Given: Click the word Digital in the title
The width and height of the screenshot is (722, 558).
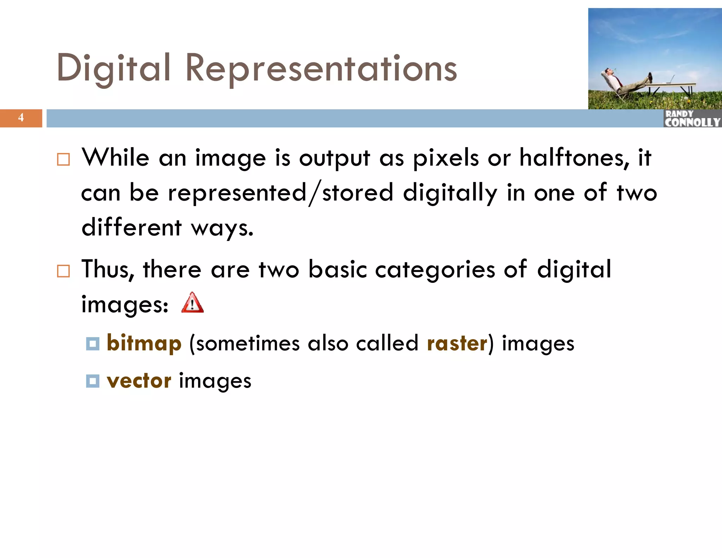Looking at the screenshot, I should pyautogui.click(x=114, y=68).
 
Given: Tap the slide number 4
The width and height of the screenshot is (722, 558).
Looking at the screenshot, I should pyautogui.click(x=21, y=117).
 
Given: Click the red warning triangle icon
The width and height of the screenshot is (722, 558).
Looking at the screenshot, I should pyautogui.click(x=192, y=303).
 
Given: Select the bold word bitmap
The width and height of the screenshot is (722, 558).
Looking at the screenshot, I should pyautogui.click(x=144, y=343).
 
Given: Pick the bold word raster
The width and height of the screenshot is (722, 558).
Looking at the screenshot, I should pyautogui.click(x=457, y=343).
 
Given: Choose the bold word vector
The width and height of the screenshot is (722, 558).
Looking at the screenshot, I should pyautogui.click(x=139, y=381).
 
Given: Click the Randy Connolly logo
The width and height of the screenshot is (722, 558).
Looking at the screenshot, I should pyautogui.click(x=692, y=119).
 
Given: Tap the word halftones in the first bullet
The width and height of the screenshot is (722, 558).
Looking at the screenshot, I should pyautogui.click(x=574, y=158).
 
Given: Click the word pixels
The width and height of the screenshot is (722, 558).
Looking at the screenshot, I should pyautogui.click(x=446, y=158).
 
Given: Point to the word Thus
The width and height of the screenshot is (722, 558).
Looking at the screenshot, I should pyautogui.click(x=108, y=269).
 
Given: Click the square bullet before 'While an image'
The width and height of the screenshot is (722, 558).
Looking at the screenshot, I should pyautogui.click(x=63, y=159).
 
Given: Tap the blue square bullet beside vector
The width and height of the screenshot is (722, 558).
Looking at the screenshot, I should pyautogui.click(x=93, y=381).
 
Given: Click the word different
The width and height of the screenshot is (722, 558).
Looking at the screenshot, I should pyautogui.click(x=131, y=228).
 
